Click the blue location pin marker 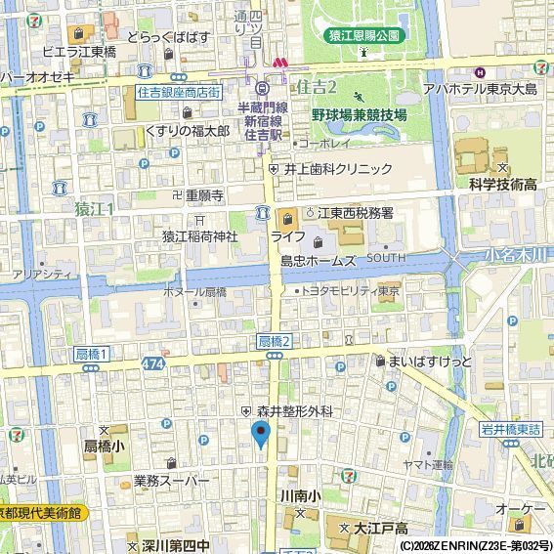point(261,434)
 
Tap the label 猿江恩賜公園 point(362,35)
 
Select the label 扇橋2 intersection point(275,340)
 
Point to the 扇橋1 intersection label point(91,353)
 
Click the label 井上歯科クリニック point(338,168)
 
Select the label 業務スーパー point(172,481)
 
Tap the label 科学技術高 point(503,184)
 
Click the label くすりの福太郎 point(187,130)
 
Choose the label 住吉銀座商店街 point(179,92)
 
